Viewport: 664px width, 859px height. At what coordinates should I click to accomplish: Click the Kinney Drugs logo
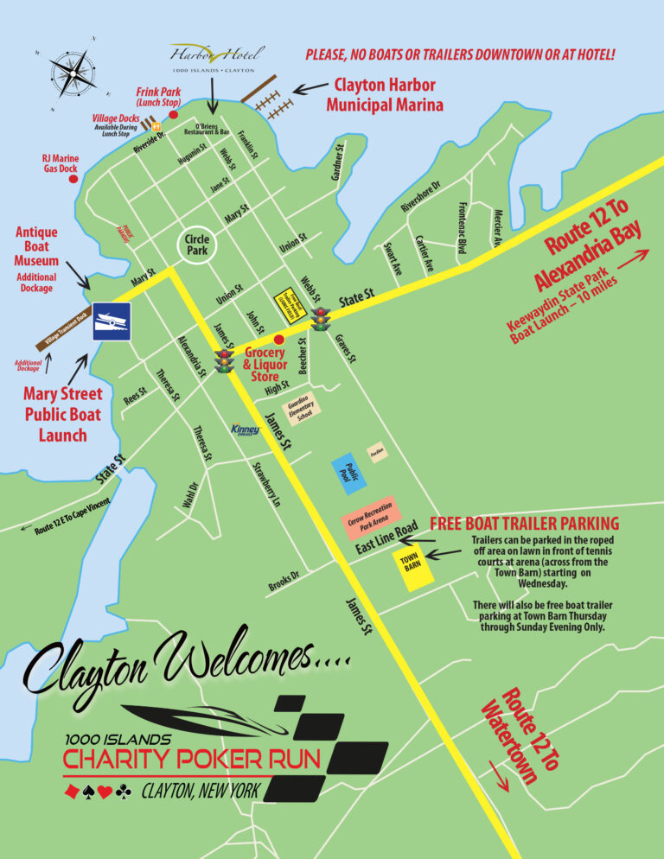click(245, 429)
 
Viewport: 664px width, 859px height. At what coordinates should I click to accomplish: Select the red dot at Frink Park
click(173, 114)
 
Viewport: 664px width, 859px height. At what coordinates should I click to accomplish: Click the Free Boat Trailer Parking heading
click(524, 524)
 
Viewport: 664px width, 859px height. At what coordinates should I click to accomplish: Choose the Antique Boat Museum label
click(37, 246)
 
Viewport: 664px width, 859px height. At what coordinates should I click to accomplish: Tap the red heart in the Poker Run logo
click(104, 791)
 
